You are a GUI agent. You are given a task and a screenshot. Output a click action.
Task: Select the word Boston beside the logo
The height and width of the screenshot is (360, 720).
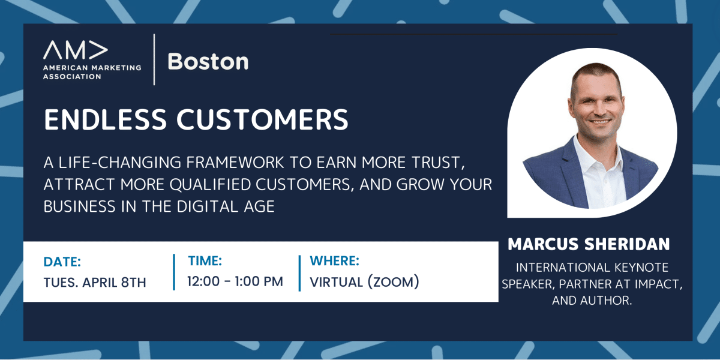point(208,61)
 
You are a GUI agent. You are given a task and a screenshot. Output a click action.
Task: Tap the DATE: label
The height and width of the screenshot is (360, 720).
point(62,262)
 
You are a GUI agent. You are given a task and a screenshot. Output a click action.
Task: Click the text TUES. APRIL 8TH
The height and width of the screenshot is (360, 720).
point(95,282)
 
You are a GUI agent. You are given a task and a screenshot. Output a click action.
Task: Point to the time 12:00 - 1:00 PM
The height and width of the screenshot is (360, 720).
point(235,281)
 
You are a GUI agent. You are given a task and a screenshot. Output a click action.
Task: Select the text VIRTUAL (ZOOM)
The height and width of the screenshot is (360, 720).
point(364,281)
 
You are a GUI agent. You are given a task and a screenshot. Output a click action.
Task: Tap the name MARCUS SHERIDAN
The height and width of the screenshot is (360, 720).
point(589,245)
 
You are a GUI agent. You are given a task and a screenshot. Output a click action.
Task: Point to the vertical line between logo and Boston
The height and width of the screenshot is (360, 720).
point(155,59)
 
